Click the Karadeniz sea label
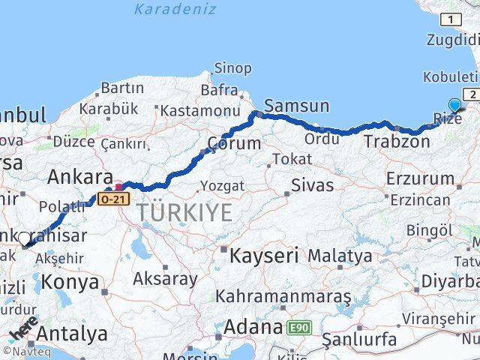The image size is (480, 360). (175, 10)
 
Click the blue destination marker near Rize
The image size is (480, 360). (455, 106)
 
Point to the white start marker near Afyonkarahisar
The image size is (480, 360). (25, 239)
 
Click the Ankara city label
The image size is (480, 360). (75, 178)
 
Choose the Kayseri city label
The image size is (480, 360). (262, 256)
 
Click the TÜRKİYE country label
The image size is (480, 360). (184, 213)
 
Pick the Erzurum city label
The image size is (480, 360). (420, 178)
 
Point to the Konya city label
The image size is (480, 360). (70, 282)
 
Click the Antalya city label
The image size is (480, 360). (72, 333)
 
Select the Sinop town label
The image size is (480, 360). (232, 68)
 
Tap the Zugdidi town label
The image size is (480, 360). (451, 40)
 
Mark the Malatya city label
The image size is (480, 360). (340, 256)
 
